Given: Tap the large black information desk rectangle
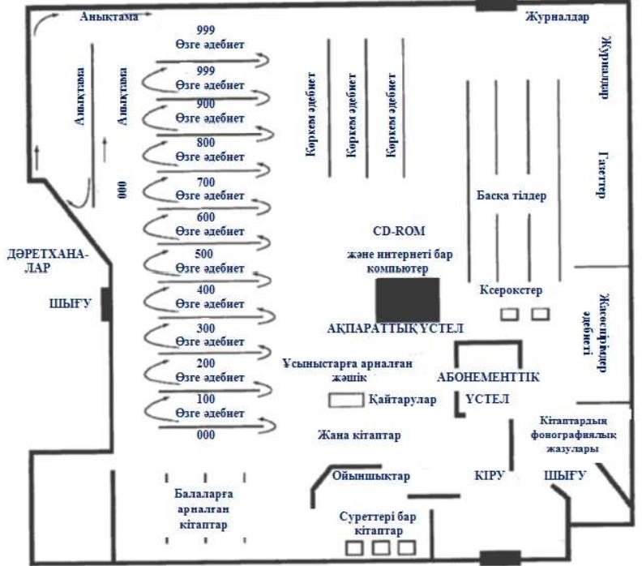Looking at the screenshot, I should click(x=408, y=298).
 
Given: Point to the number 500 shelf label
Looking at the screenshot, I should click(x=205, y=253).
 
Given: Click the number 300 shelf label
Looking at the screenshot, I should click(x=205, y=328).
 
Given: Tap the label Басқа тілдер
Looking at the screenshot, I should click(x=511, y=195).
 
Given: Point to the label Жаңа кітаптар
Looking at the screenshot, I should click(x=359, y=435).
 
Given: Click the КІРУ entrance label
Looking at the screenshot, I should click(x=490, y=477).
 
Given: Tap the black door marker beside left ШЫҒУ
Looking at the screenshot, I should click(x=105, y=303).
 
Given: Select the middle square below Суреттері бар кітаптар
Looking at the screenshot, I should click(x=381, y=548).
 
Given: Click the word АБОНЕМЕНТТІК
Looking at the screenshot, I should click(x=489, y=377).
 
